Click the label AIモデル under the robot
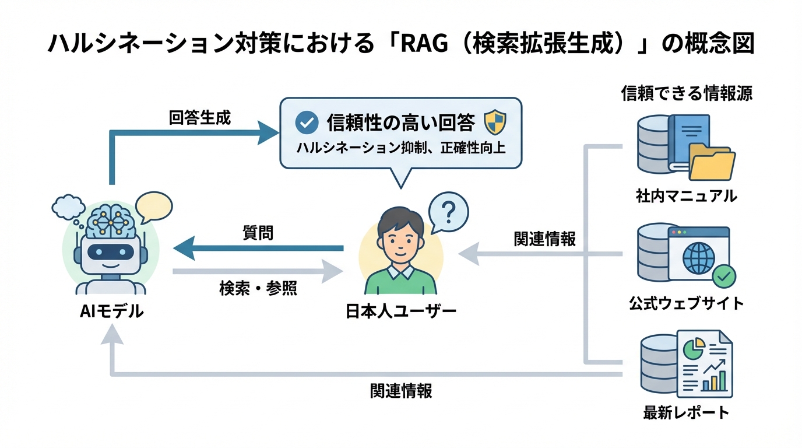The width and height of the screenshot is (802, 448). click(111, 311)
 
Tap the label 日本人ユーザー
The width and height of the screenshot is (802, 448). click(401, 311)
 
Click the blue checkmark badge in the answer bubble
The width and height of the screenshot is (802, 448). click(307, 123)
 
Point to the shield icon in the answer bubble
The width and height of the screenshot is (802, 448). click(495, 123)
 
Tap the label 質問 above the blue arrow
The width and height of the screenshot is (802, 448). click(258, 233)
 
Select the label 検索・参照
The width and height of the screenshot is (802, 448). click(258, 288)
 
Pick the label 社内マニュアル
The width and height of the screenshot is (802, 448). click(686, 196)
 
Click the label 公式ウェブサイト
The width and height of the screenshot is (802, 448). click(686, 303)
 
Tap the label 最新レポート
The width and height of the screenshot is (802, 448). click(686, 412)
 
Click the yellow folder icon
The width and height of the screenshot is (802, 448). click(711, 163)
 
